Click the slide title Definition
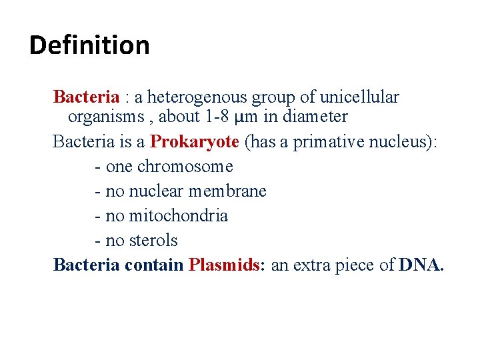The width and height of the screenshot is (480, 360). (89, 45)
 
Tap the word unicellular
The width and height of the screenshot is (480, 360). (359, 97)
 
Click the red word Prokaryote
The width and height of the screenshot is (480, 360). (195, 141)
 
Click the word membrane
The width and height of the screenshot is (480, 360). (227, 191)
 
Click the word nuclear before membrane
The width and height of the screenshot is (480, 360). (157, 191)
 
